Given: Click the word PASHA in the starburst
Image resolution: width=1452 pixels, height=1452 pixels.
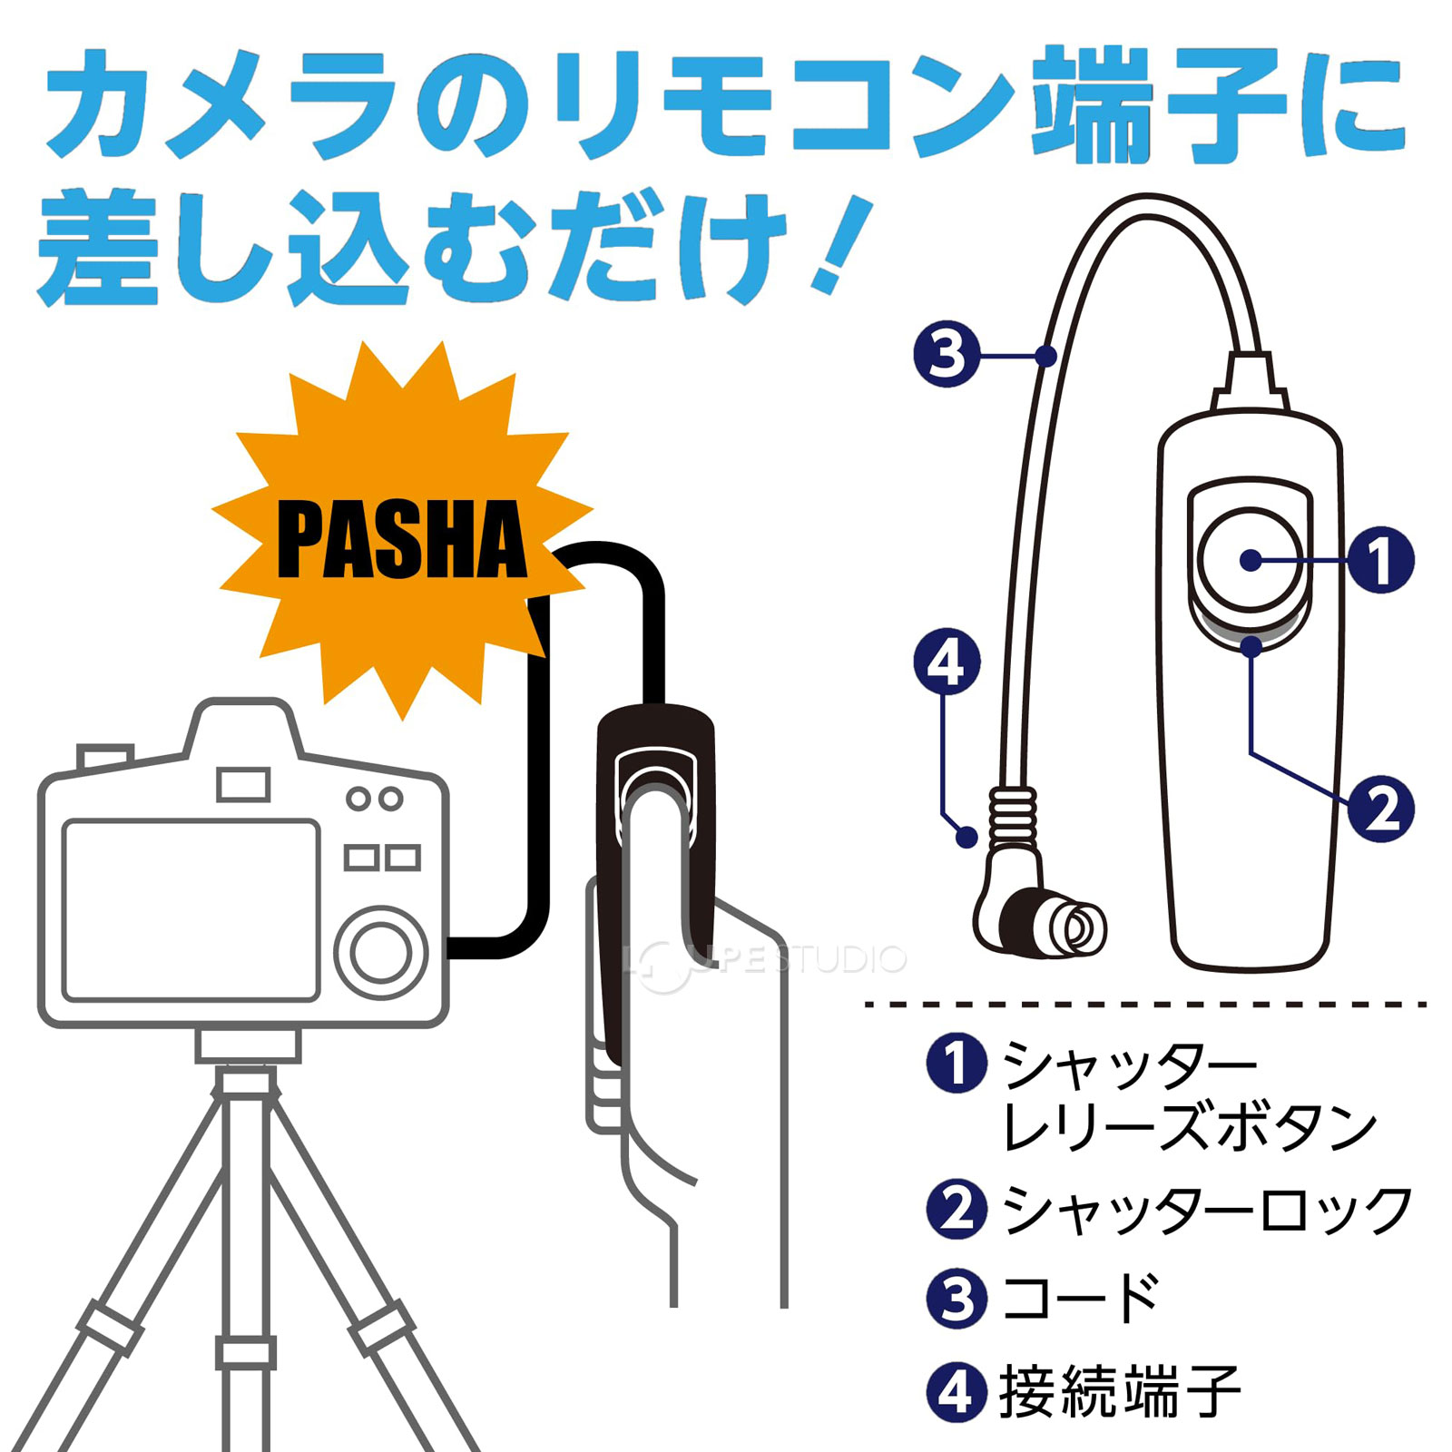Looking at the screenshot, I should click(x=402, y=541).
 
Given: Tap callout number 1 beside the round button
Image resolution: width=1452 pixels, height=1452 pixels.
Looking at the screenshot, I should click(x=1380, y=560).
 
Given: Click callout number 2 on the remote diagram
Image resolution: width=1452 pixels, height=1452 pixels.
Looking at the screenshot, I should click(x=1380, y=809).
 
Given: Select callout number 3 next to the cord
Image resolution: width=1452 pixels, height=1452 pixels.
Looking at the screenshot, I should click(x=947, y=354).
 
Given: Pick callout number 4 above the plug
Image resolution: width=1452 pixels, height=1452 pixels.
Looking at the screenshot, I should click(x=947, y=662).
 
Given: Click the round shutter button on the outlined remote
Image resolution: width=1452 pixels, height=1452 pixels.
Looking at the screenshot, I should click(x=1250, y=560).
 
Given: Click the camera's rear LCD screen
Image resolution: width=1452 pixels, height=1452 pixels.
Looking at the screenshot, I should click(x=191, y=909).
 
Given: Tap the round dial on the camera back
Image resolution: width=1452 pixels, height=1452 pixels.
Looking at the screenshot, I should click(x=381, y=952).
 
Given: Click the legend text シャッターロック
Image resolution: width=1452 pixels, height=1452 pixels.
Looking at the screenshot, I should click(x=1207, y=1211).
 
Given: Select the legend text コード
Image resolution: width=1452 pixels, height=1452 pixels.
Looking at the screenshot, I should click(x=1080, y=1298).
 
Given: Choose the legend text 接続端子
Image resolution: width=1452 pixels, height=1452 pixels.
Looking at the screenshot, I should click(x=1120, y=1391).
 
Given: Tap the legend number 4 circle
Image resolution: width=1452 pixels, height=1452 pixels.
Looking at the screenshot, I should click(x=957, y=1391).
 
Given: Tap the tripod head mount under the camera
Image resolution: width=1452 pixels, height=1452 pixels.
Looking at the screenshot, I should click(x=247, y=1045).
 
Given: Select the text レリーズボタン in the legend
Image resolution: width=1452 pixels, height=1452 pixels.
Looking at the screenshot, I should click(x=1189, y=1128).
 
